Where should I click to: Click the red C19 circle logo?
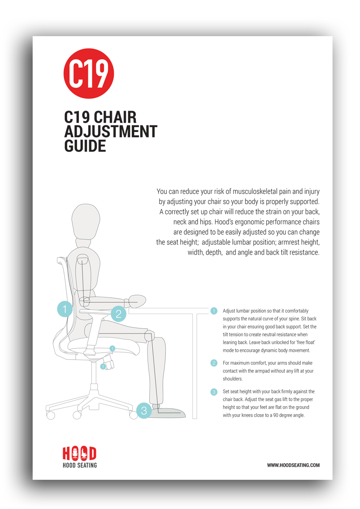pos(89,74)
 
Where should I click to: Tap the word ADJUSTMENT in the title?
pos(111,131)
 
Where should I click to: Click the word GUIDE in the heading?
pos(85,146)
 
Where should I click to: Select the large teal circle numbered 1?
pos(65,309)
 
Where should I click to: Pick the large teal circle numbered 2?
pos(118,314)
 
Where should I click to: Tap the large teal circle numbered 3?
pos(144,411)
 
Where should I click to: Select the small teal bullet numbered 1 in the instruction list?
pos(214,311)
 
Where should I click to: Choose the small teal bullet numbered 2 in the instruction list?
pos(214,363)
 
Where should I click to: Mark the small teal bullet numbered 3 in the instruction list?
pos(214,392)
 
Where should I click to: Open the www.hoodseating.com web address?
pos(293,465)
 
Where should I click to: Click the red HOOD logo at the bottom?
pos(80,453)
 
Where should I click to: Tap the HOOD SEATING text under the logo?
pos(80,465)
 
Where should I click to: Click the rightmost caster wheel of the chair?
pos(133,415)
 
